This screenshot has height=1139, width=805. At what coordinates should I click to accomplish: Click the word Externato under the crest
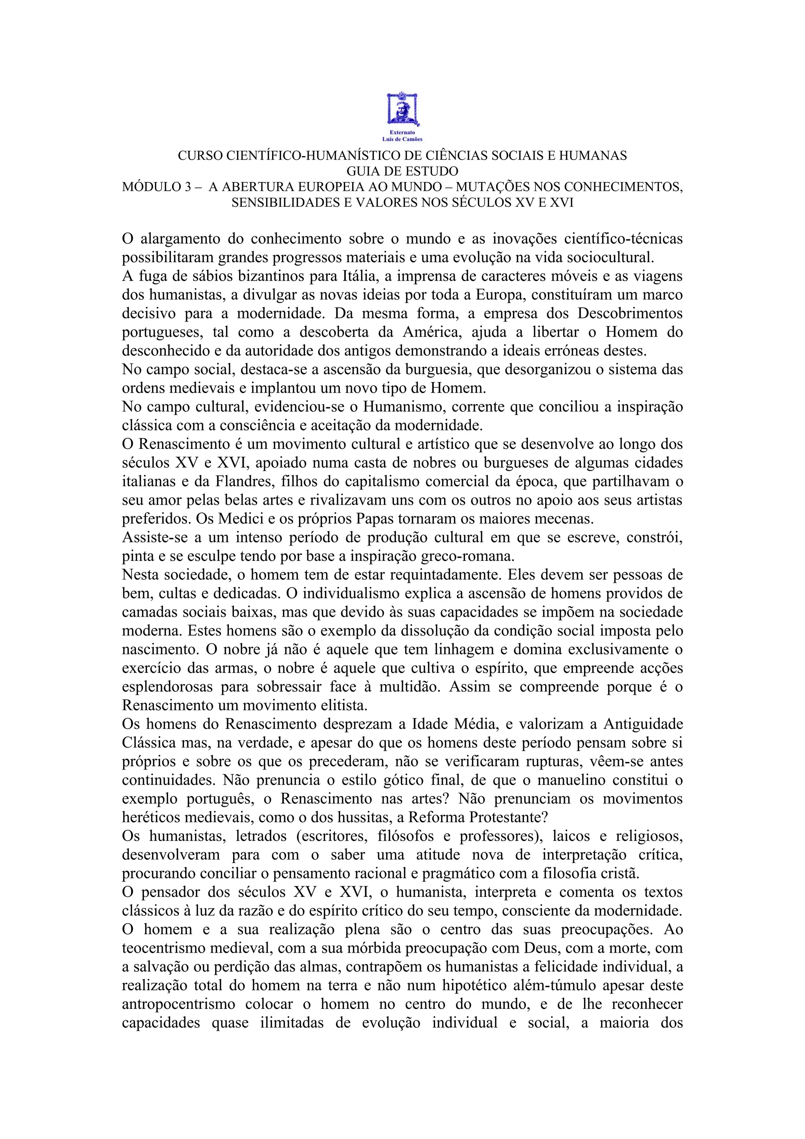[x=402, y=133]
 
